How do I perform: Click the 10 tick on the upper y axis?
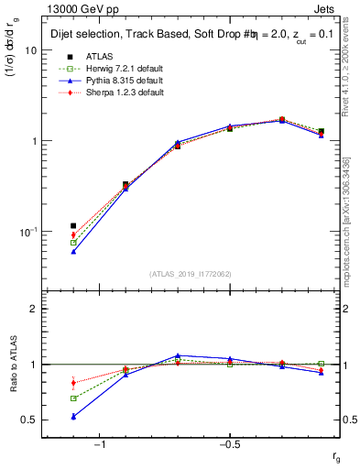pos(29,51)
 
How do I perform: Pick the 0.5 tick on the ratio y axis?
pos(28,420)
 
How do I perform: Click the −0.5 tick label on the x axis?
pos(228,444)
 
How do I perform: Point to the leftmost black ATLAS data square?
pos(73,225)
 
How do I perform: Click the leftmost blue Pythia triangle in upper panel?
pos(73,251)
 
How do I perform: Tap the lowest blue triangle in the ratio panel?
pos(73,416)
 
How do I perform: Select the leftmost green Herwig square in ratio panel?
pos(73,398)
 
